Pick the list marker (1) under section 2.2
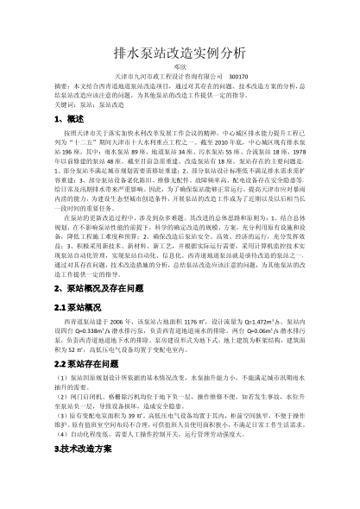point(58,380)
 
